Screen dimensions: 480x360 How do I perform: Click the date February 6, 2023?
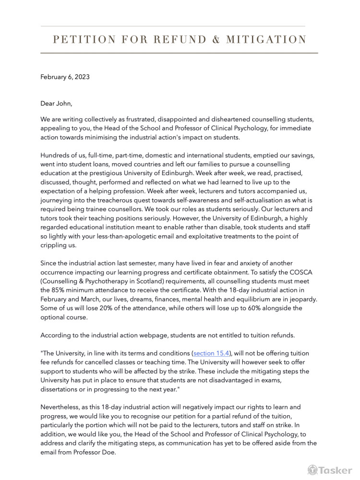[x=65, y=77]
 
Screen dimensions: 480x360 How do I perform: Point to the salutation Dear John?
[x=56, y=103]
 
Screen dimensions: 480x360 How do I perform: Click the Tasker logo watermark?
[x=330, y=470]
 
